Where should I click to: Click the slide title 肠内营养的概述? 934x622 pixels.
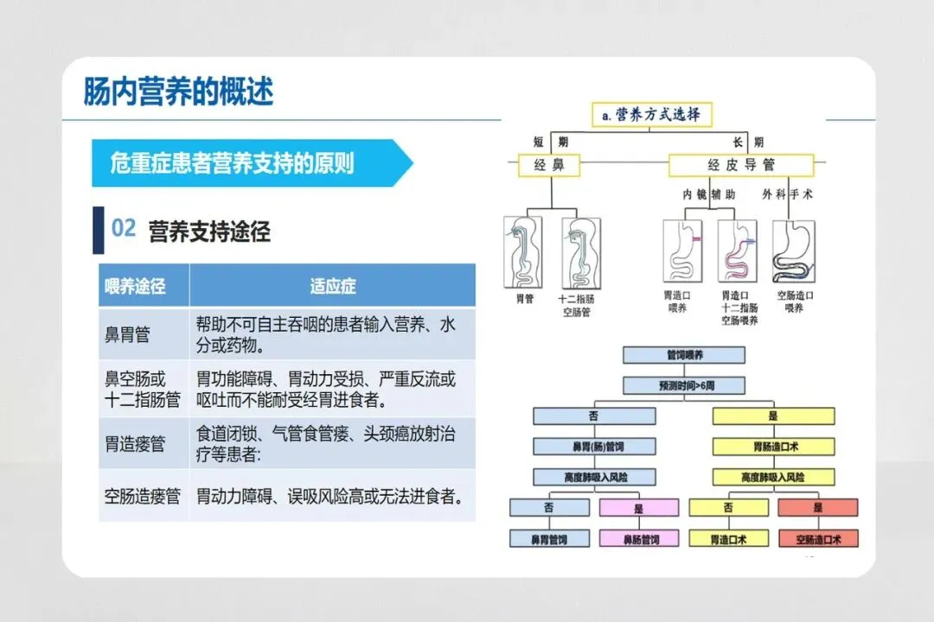coord(178,92)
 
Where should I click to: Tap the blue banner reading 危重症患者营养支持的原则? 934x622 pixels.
coord(232,163)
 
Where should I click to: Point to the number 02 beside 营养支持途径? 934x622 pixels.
coord(124,229)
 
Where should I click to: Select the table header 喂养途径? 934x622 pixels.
coord(135,286)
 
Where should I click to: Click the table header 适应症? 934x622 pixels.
coord(332,286)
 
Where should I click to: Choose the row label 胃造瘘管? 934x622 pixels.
coord(135,444)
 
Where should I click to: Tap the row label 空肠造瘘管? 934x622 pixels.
coord(143,497)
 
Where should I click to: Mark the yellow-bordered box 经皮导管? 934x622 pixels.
coord(741,165)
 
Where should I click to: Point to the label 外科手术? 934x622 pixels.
coord(787,195)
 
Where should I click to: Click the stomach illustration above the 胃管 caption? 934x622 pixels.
coord(524,251)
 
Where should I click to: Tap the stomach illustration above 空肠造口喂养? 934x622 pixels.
coord(793,251)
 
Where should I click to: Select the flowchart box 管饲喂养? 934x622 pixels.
coord(682,354)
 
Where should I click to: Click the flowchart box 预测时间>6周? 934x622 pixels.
coord(682,385)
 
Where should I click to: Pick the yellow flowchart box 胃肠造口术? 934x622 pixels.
coord(774,447)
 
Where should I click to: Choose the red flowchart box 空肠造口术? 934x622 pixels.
coord(818,539)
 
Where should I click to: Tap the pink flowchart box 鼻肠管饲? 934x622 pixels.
coord(641,539)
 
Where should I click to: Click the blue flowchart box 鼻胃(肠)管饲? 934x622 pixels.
coord(593,447)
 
